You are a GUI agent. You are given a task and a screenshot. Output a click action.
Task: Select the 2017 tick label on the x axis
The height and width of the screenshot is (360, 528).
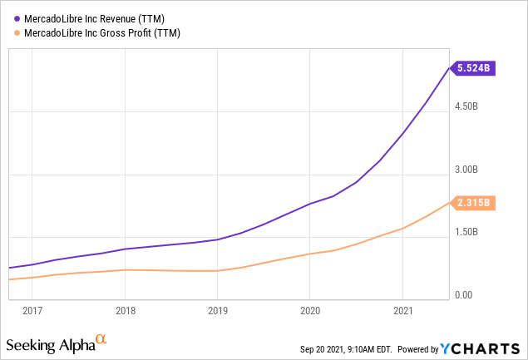(32, 311)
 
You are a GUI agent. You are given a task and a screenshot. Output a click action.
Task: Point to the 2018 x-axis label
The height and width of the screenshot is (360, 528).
(125, 311)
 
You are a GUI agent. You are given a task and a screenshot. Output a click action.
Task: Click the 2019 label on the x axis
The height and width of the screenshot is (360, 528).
(217, 311)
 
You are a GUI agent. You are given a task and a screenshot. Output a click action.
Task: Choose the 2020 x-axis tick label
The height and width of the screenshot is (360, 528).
(309, 311)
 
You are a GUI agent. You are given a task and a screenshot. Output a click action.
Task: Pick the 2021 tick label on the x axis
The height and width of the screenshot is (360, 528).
(402, 311)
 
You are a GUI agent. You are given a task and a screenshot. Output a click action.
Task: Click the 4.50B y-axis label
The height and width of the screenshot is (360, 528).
(466, 106)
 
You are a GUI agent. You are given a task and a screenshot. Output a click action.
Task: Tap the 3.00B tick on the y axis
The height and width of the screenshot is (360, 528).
(466, 170)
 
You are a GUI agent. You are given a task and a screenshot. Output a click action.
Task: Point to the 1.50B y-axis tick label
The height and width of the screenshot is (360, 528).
(466, 233)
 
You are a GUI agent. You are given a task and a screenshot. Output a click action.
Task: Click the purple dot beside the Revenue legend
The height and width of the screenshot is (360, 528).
(17, 18)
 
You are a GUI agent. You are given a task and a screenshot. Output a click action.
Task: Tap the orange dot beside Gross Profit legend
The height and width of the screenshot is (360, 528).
(17, 33)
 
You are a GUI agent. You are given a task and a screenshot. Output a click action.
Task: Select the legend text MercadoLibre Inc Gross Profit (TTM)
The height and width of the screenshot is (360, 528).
(103, 33)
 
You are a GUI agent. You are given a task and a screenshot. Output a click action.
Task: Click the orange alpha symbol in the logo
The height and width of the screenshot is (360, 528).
(101, 339)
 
